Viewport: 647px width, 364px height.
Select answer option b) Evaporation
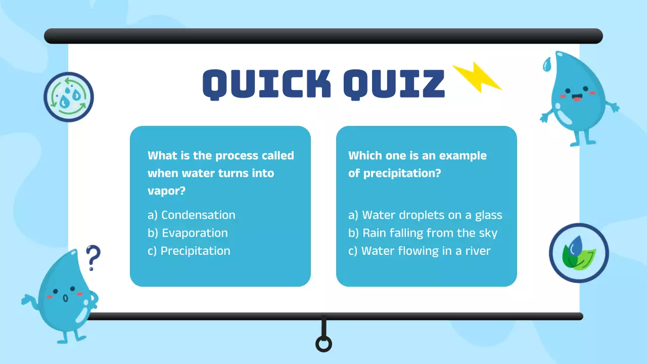(x=188, y=233)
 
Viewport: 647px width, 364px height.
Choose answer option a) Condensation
(x=192, y=215)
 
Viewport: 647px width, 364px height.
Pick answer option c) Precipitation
(x=189, y=251)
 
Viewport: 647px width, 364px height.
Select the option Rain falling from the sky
(x=423, y=233)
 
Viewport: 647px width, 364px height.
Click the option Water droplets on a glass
(x=426, y=215)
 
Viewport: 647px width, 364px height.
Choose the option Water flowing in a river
(x=420, y=251)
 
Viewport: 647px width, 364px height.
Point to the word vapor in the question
(x=164, y=191)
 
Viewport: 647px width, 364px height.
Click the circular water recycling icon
(x=69, y=97)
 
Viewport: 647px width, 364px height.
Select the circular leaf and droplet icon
(x=579, y=253)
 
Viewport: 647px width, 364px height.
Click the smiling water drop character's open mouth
(x=577, y=98)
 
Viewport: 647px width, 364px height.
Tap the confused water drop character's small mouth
(x=65, y=298)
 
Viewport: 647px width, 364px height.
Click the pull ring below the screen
(x=323, y=344)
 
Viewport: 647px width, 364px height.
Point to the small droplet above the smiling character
(x=547, y=64)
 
